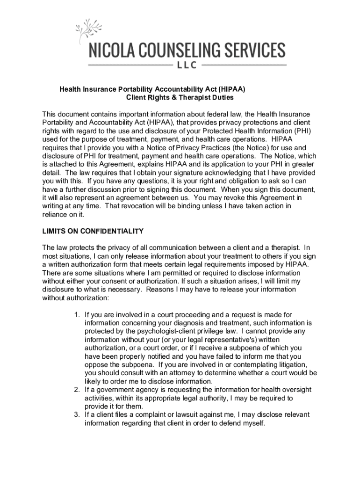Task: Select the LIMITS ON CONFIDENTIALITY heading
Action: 93,231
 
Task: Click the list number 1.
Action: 77,314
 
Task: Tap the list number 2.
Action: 77,390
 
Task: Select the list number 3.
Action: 77,415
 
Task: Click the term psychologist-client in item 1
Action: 159,331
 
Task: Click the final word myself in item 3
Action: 252,423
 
